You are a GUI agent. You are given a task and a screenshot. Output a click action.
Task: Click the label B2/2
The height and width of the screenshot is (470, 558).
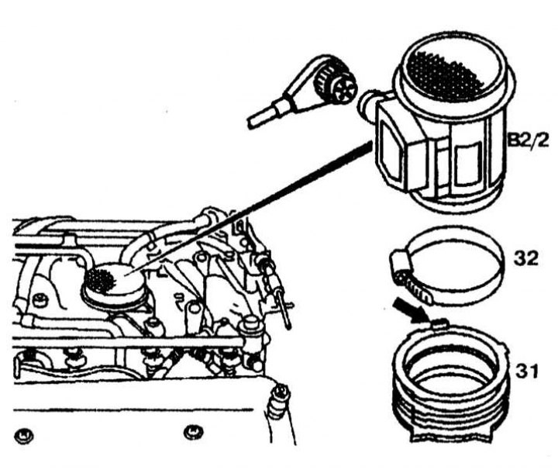[x=528, y=141]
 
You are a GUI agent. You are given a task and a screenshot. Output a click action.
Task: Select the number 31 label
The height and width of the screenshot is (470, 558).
[x=527, y=372]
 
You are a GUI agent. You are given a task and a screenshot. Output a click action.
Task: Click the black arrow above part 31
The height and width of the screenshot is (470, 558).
[x=410, y=310]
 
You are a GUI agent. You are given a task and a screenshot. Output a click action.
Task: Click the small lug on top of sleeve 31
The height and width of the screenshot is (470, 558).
[x=439, y=323]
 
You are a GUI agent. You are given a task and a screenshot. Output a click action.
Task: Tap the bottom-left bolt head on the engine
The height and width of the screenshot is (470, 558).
[x=24, y=435]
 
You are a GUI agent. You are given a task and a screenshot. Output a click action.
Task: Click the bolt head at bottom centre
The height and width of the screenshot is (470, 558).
[x=194, y=432]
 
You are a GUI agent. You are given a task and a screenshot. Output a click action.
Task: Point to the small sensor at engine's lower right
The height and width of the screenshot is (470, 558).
[x=280, y=401]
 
